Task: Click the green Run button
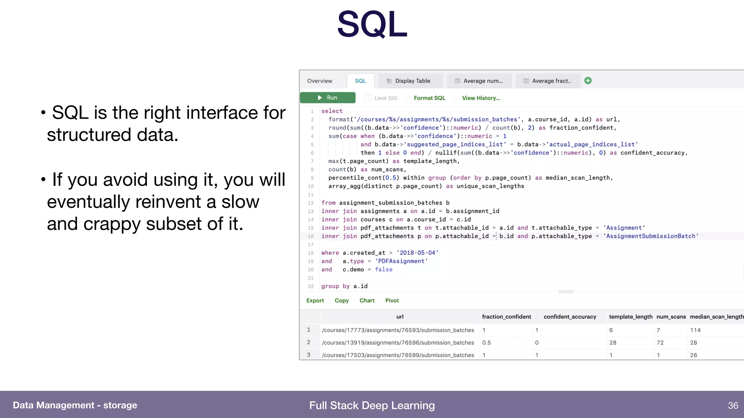[327, 98]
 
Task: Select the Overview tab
[319, 81]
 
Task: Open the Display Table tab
[409, 81]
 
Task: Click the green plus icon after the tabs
[588, 81]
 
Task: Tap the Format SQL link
[429, 98]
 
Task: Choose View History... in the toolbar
[481, 98]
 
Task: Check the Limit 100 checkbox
[368, 98]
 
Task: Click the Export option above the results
[315, 300]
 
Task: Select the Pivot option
[392, 300]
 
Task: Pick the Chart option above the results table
[367, 300]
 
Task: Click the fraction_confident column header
[506, 317]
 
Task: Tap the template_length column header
[631, 317]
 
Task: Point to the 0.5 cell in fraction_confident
[486, 343]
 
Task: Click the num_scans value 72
[660, 343]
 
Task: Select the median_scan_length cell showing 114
[695, 330]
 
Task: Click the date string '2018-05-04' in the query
[417, 253]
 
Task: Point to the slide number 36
[733, 405]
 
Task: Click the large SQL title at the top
[372, 24]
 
